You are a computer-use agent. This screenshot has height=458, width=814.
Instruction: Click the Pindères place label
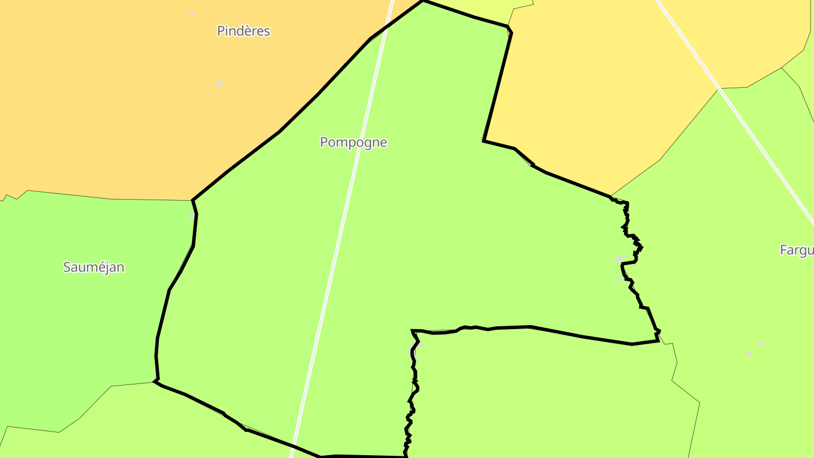click(x=244, y=31)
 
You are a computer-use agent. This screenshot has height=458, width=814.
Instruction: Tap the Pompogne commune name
click(x=353, y=142)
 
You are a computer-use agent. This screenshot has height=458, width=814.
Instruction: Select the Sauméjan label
click(x=94, y=267)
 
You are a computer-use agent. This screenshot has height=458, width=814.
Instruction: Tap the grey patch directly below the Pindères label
click(x=219, y=84)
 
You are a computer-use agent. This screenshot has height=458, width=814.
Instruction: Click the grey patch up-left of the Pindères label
click(x=192, y=13)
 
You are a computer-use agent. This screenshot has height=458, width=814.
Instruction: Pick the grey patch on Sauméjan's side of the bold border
click(x=192, y=217)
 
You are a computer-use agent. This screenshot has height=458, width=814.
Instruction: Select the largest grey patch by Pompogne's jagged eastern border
click(x=620, y=260)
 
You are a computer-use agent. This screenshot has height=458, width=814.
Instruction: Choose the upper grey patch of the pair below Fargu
click(x=761, y=343)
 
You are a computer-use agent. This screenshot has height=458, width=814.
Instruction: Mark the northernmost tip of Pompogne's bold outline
click(x=423, y=1)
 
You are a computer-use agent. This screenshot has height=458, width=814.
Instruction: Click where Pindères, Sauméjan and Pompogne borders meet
click(x=193, y=200)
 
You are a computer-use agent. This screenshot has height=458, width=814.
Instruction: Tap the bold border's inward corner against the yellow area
click(x=484, y=140)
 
